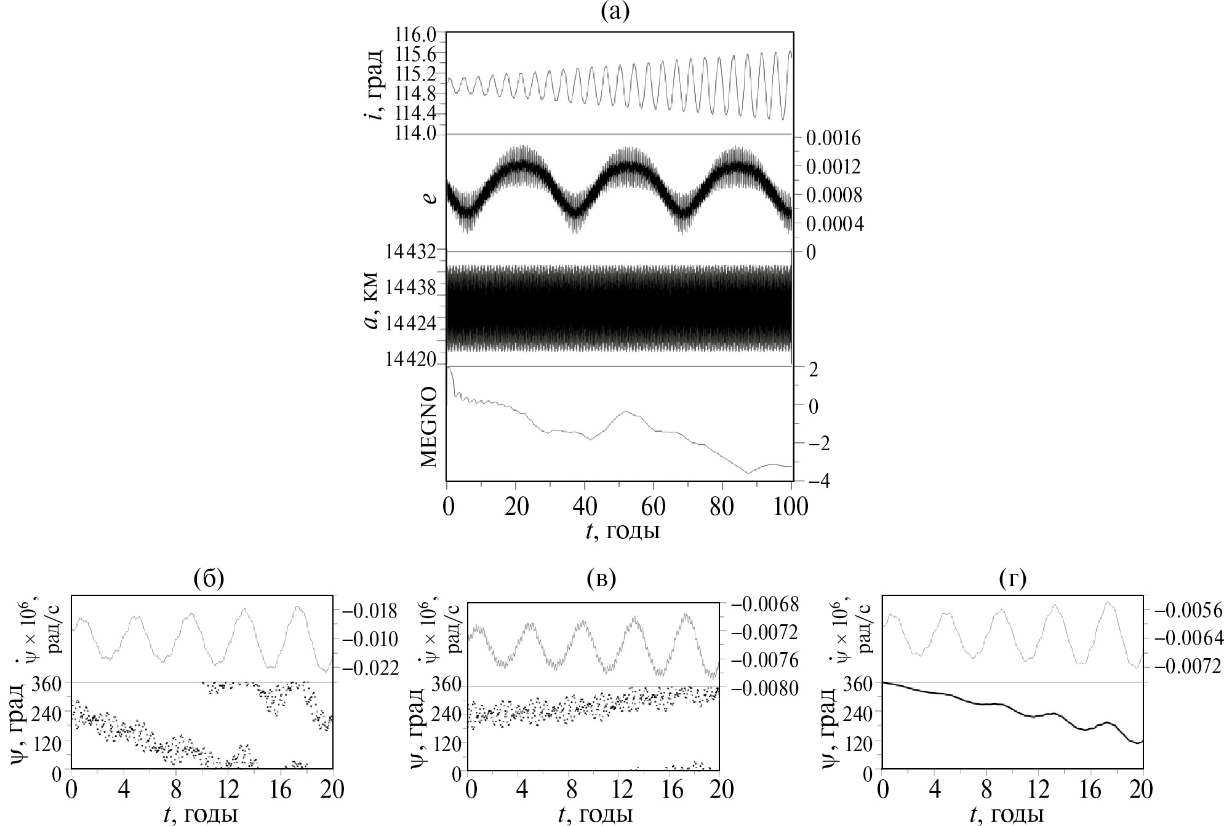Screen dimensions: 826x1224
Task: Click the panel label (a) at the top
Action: coord(615,12)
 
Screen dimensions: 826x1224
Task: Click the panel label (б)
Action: coord(208,579)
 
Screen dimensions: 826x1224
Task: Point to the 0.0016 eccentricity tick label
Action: coord(834,139)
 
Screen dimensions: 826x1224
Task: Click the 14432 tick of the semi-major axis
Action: coord(412,252)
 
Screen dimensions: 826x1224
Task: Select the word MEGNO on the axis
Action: coord(431,427)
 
